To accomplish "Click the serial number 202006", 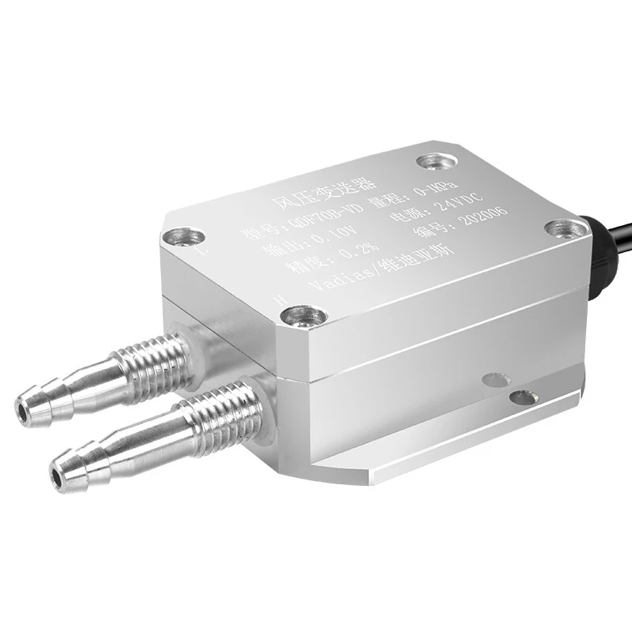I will pos(483,225).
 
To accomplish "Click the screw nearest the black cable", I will pos(566,228).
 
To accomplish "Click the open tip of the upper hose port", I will pos(26,408).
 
